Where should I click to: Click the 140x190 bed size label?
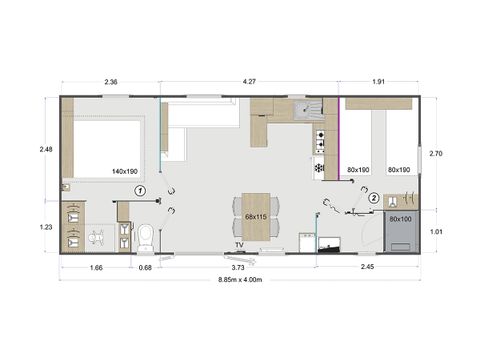coord(126,171)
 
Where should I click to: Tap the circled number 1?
coord(141,189)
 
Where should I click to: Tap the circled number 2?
coord(373,198)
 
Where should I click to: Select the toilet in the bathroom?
coord(147,234)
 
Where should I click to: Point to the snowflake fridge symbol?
coord(320,168)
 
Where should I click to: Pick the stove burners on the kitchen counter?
coord(321,141)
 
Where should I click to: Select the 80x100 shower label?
coord(400,218)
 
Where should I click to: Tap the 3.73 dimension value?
coord(238,267)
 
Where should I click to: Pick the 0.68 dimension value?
coord(145,267)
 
